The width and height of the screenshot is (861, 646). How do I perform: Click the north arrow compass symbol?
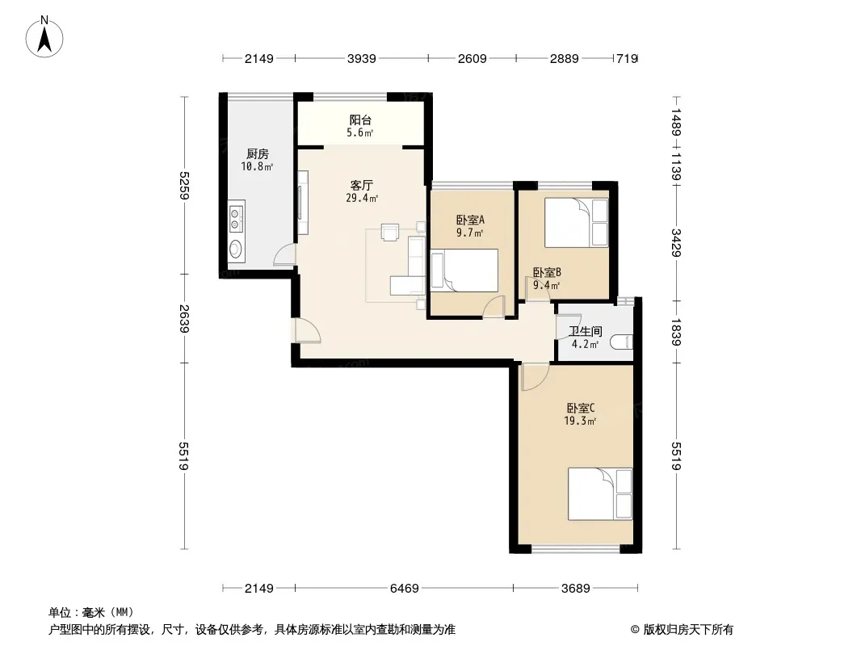44,37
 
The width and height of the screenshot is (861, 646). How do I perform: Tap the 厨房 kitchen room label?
257,154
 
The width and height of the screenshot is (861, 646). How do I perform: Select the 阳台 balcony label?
360,120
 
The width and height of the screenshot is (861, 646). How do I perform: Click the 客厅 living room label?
361,185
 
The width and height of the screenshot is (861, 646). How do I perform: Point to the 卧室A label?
471,220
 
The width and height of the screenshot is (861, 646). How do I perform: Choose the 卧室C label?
581,409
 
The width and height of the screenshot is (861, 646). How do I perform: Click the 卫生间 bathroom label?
586,332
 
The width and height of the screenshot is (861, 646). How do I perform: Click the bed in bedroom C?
600,494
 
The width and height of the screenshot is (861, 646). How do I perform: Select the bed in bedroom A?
464,270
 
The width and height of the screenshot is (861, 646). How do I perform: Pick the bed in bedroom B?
577,222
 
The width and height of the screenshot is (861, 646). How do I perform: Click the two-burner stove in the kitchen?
237,216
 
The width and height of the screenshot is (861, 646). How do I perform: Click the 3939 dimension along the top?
361,58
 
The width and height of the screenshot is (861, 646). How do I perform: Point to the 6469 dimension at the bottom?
404,589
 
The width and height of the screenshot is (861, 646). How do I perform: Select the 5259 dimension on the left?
184,186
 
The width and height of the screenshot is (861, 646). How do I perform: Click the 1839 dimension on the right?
676,332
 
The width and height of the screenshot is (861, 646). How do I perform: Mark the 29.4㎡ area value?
362,198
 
